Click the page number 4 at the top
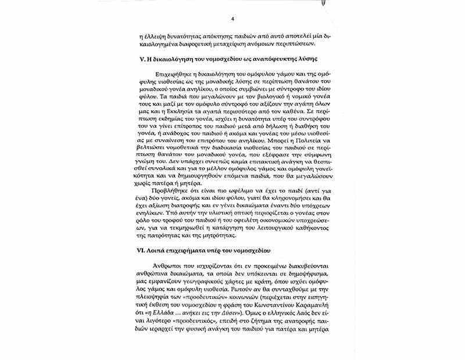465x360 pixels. [232, 19]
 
